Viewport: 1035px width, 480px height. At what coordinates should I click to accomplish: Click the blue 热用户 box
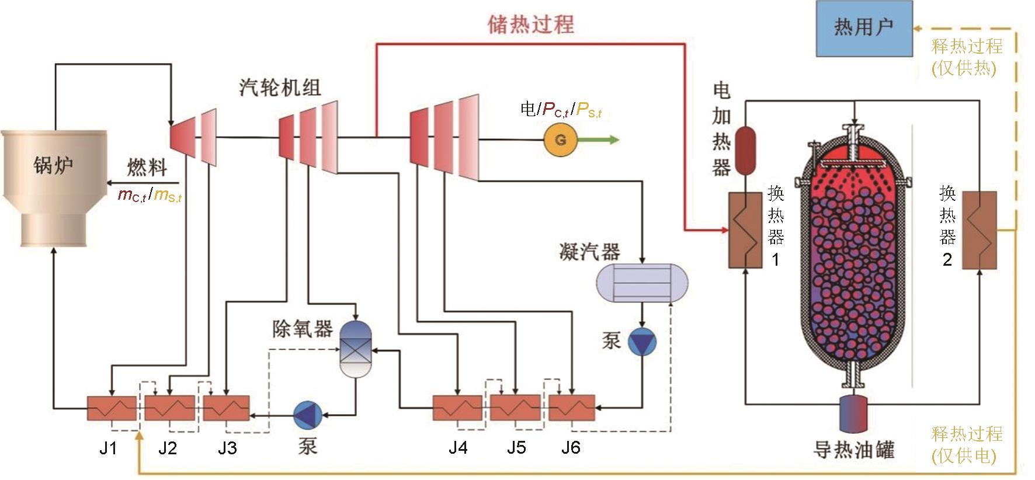click(864, 28)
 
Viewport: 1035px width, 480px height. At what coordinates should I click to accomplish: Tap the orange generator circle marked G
click(560, 140)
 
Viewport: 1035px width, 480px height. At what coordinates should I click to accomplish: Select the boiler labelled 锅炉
click(55, 187)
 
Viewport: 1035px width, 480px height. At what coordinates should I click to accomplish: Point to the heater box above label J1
click(112, 408)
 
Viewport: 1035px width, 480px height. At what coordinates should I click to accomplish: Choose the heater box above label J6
click(571, 408)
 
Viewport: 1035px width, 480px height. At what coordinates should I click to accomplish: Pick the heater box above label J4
click(457, 408)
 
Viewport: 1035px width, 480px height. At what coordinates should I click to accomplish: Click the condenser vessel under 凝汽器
click(642, 283)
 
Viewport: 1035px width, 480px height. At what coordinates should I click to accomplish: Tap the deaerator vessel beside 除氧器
click(356, 349)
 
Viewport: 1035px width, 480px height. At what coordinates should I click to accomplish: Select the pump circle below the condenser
click(642, 342)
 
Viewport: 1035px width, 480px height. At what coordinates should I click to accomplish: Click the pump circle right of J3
click(308, 415)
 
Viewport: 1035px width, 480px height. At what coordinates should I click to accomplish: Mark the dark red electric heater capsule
click(745, 150)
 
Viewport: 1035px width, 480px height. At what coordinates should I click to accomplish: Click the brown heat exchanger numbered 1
click(745, 231)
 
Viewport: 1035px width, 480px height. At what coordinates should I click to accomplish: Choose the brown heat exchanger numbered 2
click(979, 230)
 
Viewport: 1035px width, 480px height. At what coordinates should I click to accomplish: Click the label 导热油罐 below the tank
click(855, 450)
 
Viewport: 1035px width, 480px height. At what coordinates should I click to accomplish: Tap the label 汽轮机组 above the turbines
click(280, 88)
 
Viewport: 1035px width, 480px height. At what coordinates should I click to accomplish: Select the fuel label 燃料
click(147, 168)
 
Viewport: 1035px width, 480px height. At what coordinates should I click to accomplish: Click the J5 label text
click(516, 448)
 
